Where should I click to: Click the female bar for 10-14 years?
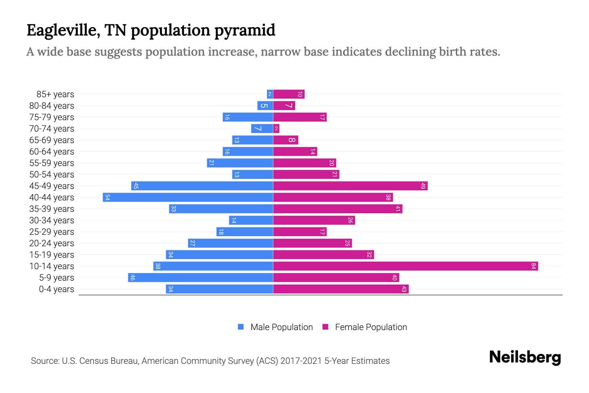pos(405,266)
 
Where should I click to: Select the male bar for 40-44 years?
pos(188,197)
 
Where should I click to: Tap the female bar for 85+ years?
pos(289,94)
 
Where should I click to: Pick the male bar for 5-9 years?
pos(200,277)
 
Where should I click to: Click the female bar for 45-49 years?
pos(350,186)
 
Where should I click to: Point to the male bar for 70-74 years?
pos(262,128)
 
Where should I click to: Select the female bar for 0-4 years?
pos(341,289)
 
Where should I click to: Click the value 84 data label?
pos(533,266)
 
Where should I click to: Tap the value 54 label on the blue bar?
pos(107,197)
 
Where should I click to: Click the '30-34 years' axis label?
pos(52,220)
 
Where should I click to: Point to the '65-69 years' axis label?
pos(52,140)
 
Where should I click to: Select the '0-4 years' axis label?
pos(56,289)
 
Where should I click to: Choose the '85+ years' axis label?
pos(55,94)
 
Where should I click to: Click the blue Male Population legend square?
pos(241,327)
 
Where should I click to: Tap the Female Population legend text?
pos(371,327)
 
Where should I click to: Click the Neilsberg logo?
pos(525,357)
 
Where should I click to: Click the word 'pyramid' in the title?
pos(245,30)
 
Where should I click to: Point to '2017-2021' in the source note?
pos(301,361)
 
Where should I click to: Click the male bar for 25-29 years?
pos(244,232)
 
